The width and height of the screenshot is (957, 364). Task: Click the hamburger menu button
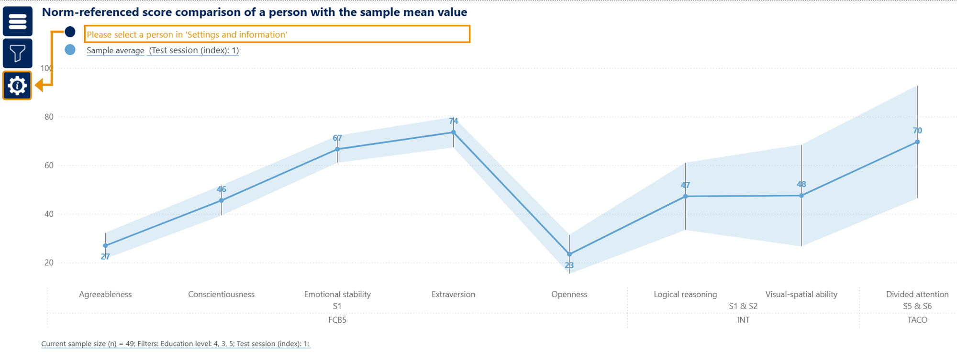18,22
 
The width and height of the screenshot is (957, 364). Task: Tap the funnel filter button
18,53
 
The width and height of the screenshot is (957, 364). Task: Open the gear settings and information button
17,86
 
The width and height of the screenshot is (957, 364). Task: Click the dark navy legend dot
70,32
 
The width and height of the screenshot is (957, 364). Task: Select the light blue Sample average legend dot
70,50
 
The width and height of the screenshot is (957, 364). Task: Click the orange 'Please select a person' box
277,34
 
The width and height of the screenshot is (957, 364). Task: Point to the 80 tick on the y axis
49,117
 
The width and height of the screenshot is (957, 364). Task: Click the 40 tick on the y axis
49,214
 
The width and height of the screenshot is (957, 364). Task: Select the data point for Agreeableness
105,246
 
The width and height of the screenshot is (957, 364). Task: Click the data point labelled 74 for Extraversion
453,132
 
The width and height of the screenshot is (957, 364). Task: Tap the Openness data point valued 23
569,254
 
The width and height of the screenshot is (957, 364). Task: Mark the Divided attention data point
917,142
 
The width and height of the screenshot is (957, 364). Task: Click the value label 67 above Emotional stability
337,138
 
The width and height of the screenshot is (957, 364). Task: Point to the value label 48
801,184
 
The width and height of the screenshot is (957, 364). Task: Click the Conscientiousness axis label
221,294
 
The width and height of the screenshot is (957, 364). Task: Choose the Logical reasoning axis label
685,294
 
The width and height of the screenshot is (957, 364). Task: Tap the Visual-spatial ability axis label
801,294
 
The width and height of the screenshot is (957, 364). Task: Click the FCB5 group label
337,320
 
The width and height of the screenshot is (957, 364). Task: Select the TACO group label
917,320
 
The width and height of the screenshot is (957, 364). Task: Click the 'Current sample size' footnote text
176,343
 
